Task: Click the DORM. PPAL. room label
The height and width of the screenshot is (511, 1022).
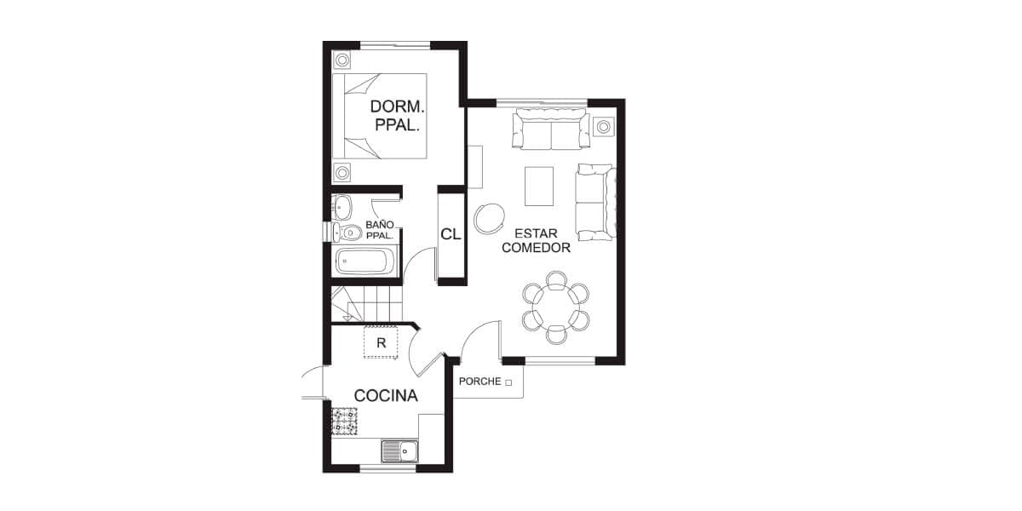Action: [397, 116]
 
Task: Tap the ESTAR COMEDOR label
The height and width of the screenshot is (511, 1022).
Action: [536, 240]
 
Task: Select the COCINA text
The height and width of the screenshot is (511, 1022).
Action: [386, 395]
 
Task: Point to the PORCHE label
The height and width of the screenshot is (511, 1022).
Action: [479, 382]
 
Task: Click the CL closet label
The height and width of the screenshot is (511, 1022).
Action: [451, 234]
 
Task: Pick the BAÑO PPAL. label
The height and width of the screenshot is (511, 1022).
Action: [380, 230]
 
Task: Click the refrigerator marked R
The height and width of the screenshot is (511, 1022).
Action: [381, 342]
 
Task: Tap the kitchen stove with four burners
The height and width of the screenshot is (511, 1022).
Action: [344, 421]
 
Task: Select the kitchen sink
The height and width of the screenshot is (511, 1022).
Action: [399, 451]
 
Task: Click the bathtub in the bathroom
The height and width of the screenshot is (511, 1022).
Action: [365, 261]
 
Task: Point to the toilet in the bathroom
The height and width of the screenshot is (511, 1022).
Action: [347, 233]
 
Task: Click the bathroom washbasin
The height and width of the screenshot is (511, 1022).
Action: [342, 207]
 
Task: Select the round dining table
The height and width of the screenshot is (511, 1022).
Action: [555, 307]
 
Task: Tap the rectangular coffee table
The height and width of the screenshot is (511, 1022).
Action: [539, 187]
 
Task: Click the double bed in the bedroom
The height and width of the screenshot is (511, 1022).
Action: [380, 116]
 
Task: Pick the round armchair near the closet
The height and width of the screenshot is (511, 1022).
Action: [489, 218]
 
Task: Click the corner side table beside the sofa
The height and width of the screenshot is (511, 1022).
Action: [603, 126]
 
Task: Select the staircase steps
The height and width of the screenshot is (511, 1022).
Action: [366, 303]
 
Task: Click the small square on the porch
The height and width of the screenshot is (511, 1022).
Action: [508, 382]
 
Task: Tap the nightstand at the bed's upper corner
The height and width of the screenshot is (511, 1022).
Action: [342, 60]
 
